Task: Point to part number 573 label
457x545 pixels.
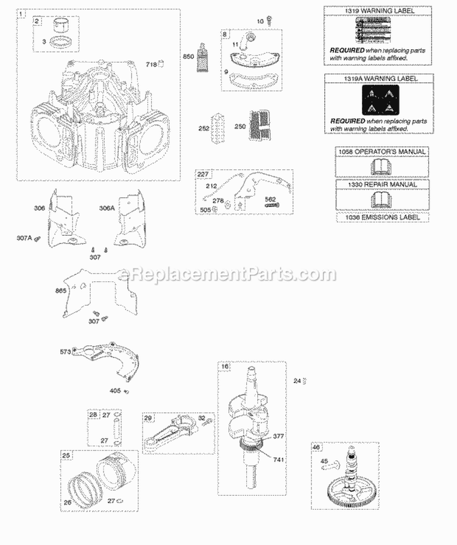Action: [x=65, y=352]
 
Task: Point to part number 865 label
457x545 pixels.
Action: [x=60, y=291]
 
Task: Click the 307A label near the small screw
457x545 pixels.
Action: [x=24, y=238]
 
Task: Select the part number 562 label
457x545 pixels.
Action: [x=271, y=199]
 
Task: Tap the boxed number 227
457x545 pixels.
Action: [x=202, y=174]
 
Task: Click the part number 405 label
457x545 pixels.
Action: [x=115, y=392]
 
